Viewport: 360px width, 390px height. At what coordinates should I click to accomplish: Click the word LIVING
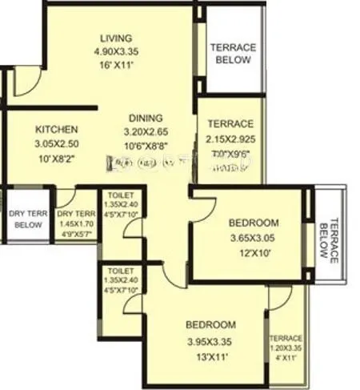point(116,38)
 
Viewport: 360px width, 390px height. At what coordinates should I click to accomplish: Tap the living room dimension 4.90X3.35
point(116,52)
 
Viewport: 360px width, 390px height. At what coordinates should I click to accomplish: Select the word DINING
point(144,118)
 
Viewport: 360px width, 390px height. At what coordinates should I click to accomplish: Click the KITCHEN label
point(56,129)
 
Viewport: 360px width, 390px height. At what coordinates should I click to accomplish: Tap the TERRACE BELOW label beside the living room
point(232,54)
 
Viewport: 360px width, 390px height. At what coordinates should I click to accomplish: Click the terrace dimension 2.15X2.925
point(230,138)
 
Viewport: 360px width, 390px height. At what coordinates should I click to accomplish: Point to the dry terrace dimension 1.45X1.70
point(76,226)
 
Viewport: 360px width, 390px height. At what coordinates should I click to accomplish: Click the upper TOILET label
point(121,195)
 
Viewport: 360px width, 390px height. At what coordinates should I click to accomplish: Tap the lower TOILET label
point(121,271)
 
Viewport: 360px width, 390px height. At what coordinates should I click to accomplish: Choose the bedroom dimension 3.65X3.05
point(253,238)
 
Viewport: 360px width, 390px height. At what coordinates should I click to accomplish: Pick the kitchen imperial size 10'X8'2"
point(56,157)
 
